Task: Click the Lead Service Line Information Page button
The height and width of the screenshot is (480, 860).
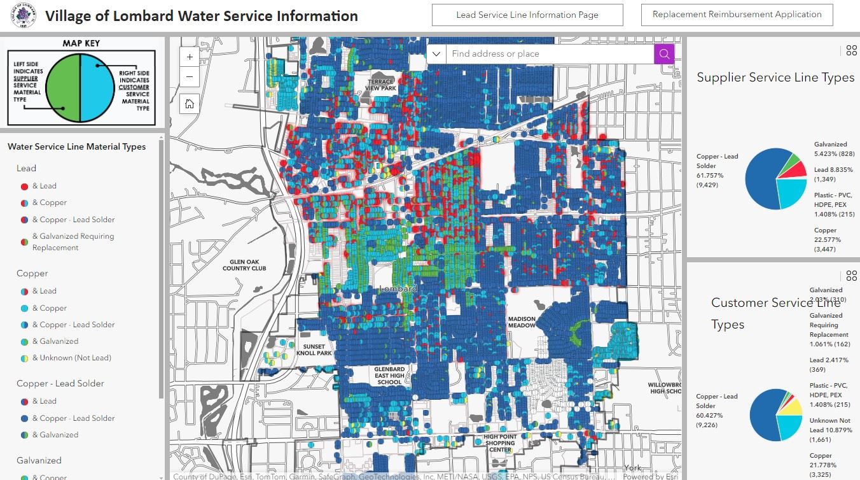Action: click(527, 15)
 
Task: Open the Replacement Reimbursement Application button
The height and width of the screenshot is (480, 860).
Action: click(737, 15)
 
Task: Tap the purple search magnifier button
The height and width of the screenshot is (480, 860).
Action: click(663, 54)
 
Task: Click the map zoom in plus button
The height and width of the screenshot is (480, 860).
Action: click(190, 57)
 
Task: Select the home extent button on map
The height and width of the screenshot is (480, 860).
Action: click(190, 104)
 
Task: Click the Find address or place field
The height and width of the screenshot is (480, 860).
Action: click(550, 54)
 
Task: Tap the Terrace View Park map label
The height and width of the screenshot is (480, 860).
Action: click(380, 85)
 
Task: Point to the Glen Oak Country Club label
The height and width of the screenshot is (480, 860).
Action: click(244, 265)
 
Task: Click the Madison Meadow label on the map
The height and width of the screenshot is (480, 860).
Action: click(522, 322)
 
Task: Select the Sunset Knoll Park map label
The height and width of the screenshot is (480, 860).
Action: click(314, 350)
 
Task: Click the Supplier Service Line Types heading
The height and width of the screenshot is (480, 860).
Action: click(775, 78)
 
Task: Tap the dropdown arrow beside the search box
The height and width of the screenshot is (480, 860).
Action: click(436, 54)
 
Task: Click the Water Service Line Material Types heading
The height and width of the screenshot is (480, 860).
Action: click(76, 147)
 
